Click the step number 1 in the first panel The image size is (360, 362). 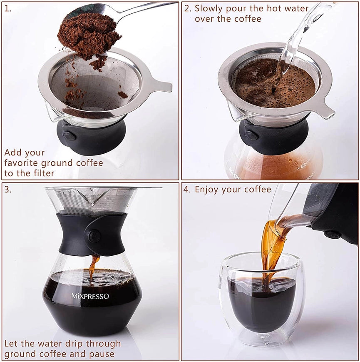(8, 9)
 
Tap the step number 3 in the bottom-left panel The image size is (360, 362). (8, 190)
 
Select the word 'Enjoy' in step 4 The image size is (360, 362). (209, 190)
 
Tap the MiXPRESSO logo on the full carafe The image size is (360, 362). (90, 296)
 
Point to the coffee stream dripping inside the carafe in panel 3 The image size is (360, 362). (93, 267)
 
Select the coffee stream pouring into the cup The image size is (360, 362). (271, 250)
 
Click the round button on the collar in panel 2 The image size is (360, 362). (251, 135)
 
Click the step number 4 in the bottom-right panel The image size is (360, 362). (188, 190)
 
